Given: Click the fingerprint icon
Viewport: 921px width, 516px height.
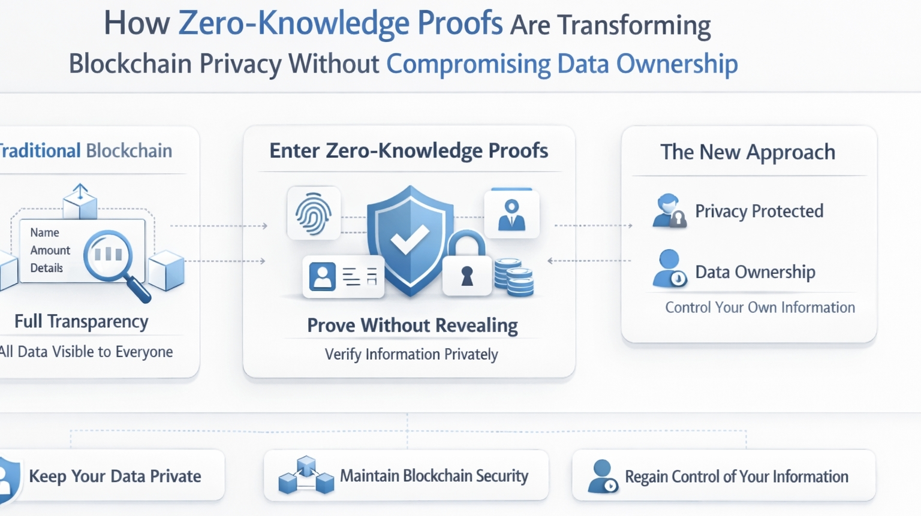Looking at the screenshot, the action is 314,213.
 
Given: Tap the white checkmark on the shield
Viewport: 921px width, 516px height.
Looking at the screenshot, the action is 410,240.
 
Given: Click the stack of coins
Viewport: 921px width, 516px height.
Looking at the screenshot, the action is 514,277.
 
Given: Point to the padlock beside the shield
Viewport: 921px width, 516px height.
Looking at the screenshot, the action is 466,267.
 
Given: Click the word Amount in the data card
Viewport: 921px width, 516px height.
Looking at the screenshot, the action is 50,251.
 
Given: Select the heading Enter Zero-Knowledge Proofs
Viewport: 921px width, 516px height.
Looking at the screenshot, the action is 408,151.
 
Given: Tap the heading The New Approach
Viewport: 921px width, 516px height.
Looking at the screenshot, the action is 748,152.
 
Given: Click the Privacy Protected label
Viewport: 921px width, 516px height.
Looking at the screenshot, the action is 759,211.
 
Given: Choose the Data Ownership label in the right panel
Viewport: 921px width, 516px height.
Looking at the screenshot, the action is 755,272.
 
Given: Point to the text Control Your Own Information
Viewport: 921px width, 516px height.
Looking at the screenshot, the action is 760,307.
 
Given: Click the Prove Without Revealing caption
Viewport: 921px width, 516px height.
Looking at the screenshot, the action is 412,325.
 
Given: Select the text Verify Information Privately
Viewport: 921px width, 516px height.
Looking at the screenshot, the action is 411,354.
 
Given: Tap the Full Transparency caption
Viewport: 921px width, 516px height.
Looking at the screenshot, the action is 82,322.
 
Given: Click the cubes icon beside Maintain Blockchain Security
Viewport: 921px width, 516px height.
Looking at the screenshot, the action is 306,476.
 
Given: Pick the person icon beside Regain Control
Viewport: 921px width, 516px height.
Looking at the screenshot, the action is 602,476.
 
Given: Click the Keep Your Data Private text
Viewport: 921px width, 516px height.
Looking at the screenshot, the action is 115,476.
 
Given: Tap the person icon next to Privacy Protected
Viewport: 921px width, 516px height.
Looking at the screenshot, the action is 669,211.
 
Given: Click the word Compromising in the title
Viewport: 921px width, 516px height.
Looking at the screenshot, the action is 468,64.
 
